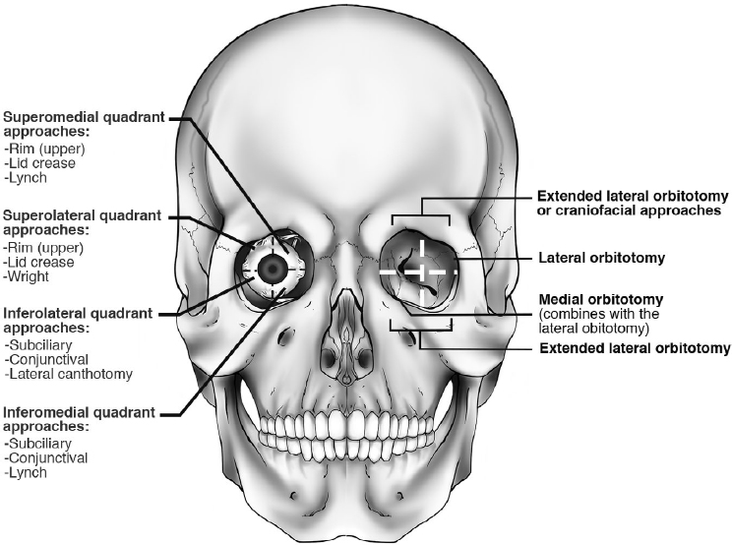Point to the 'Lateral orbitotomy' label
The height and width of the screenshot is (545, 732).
point(602,258)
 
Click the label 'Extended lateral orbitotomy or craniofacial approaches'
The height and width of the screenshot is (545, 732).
point(629,203)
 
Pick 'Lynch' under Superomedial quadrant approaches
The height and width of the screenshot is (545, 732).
point(27,178)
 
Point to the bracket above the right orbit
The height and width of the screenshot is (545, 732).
point(421,215)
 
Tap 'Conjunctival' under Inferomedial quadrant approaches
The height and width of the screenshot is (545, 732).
point(45,457)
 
